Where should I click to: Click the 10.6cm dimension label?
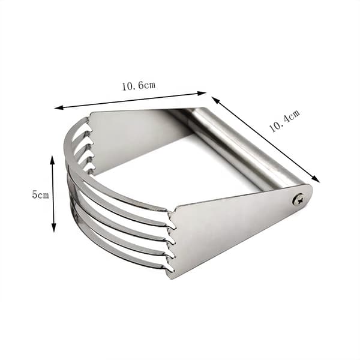pyautogui.click(x=139, y=86)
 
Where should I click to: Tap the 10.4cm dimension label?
pyautogui.click(x=284, y=121)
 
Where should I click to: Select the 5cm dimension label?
pyautogui.click(x=40, y=194)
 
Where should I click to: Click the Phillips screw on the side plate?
pyautogui.click(x=298, y=199)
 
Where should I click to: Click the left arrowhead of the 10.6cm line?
pyautogui.click(x=59, y=107)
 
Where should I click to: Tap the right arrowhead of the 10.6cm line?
pyautogui.click(x=202, y=93)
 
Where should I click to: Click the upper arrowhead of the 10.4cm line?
pyautogui.click(x=215, y=100)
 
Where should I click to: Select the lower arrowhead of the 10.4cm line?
pyautogui.click(x=316, y=179)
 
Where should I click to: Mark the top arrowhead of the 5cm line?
pyautogui.click(x=53, y=160)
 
